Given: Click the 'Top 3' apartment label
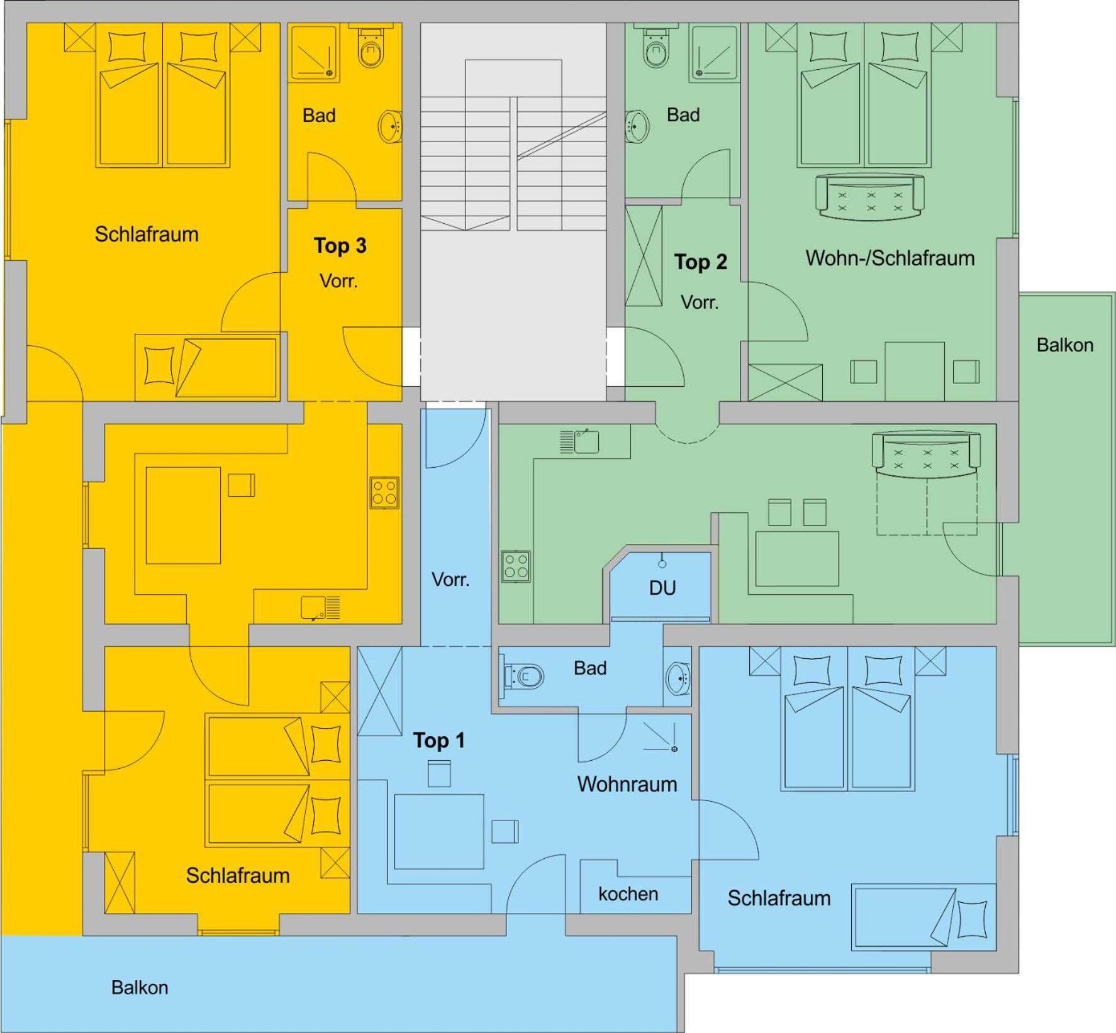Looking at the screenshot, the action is [340, 245].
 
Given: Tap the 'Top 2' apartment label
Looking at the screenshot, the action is [700, 262].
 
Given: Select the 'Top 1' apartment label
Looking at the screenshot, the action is [438, 740].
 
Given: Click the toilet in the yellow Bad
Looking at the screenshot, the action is [371, 47].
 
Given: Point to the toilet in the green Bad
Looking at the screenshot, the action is [656, 47].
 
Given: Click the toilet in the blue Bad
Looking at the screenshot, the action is [523, 676].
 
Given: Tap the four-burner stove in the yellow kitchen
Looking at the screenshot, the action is [384, 493].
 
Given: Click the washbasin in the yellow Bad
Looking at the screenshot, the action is [391, 126].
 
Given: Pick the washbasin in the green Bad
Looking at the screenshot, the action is [637, 126].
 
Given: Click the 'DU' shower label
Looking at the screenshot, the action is [662, 588].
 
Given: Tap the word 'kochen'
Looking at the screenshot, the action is [628, 893].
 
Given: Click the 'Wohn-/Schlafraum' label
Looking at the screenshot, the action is [890, 258].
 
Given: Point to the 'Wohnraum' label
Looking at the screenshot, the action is [627, 784].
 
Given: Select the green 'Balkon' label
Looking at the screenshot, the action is [1065, 345].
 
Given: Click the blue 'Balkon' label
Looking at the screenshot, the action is [140, 987].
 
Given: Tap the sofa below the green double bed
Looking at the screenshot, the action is [869, 197].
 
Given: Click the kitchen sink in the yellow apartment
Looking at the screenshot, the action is [320, 608].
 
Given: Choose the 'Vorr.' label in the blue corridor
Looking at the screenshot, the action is [450, 579].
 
